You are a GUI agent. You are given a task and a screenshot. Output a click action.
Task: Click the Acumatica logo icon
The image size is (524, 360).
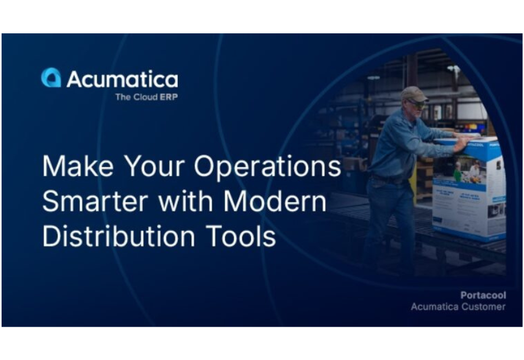(51, 78)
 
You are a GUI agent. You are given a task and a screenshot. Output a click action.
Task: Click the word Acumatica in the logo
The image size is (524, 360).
(122, 79)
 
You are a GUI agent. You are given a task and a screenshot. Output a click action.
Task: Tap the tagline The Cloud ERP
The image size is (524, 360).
(146, 97)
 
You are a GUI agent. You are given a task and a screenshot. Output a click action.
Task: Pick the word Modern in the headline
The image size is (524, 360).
(275, 202)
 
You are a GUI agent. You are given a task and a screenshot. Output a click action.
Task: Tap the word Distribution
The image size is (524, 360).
(118, 236)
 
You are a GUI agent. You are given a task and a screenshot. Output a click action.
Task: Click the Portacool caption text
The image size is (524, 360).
(483, 295)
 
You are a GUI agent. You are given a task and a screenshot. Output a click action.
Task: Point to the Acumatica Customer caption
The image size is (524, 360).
(458, 307)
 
